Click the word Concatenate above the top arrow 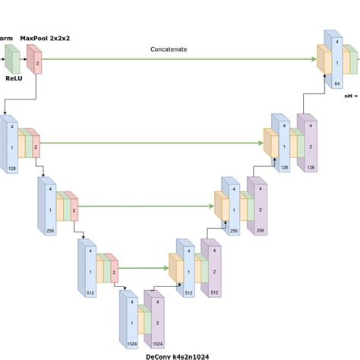pyautogui.click(x=169, y=49)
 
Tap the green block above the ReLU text pyautogui.click(x=11, y=58)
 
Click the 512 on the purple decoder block pyautogui.click(x=214, y=292)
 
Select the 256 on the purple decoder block pyautogui.click(x=261, y=229)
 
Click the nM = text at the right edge pyautogui.click(x=351, y=96)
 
